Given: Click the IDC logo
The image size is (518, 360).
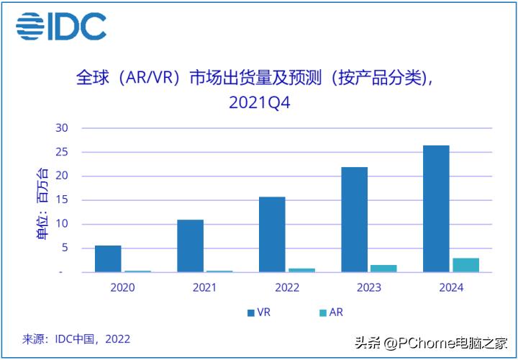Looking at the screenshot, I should (61, 27).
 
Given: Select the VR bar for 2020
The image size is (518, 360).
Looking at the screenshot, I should (108, 258).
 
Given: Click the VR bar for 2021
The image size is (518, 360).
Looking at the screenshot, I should (190, 246).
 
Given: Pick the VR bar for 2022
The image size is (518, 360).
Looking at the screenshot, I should (272, 234).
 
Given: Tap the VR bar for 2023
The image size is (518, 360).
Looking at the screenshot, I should (354, 220).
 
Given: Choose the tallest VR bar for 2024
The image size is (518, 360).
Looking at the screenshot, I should (436, 209).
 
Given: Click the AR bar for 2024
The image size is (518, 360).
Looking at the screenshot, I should (466, 265).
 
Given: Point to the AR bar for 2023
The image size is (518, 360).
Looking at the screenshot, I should (384, 269).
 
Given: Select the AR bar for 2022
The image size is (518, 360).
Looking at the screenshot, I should (302, 270).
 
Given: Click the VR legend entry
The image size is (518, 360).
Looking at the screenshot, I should (259, 312).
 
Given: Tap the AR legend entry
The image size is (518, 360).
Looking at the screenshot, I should (330, 312).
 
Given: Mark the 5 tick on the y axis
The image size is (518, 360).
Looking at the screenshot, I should (64, 248).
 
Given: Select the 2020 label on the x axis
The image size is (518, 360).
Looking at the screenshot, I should (122, 287).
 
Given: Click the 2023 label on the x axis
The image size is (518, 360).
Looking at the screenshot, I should (368, 287).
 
